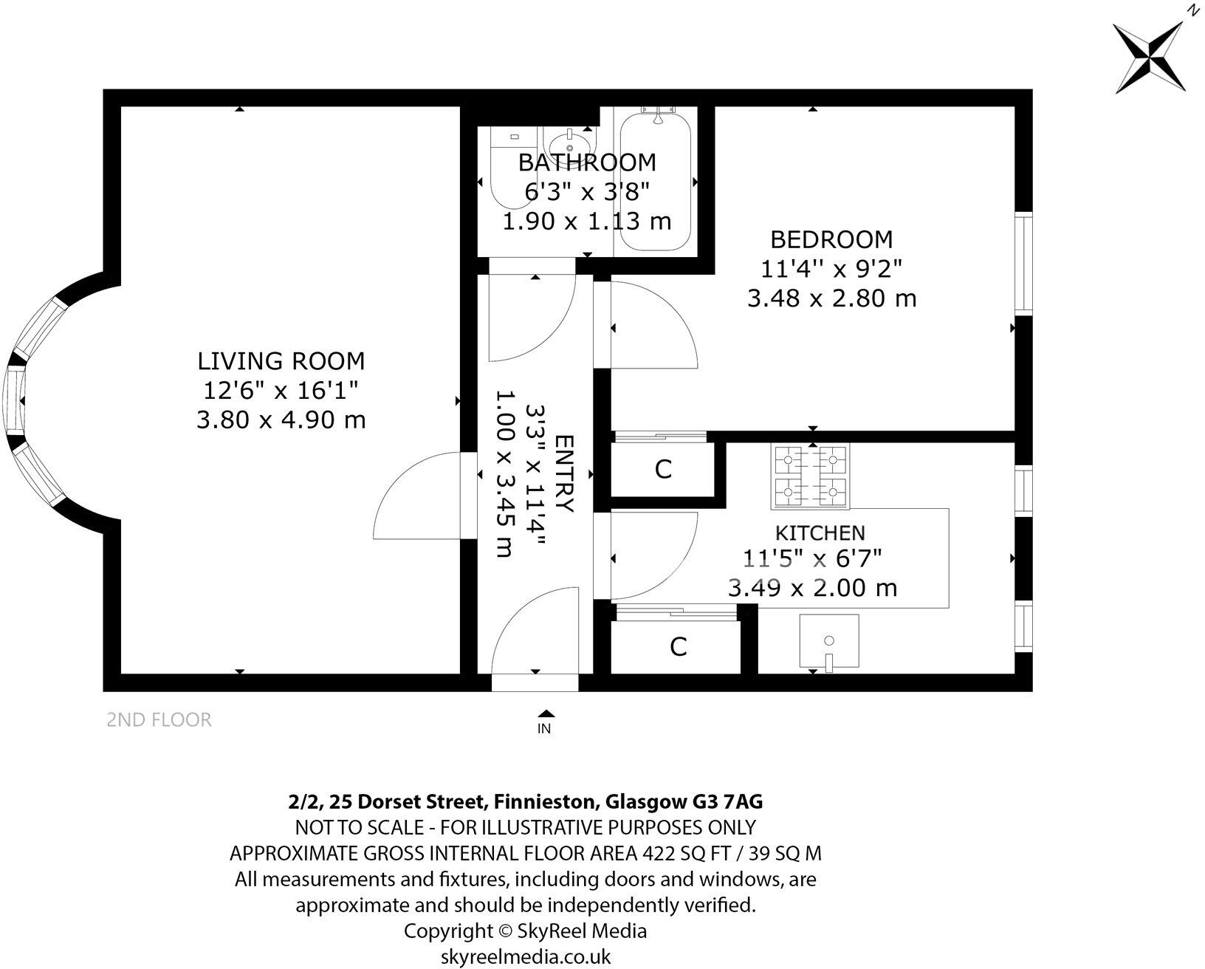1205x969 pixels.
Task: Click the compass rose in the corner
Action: pyautogui.click(x=1150, y=58)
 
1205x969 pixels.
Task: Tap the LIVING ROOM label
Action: pyautogui.click(x=281, y=361)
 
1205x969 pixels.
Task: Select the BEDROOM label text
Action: pyautogui.click(x=831, y=239)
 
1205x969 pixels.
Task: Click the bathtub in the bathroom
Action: pyautogui.click(x=655, y=178)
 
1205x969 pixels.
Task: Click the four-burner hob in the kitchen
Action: pyautogui.click(x=810, y=476)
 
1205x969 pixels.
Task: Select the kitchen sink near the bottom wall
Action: pyautogui.click(x=829, y=641)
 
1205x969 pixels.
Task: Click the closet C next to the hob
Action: pyautogui.click(x=663, y=469)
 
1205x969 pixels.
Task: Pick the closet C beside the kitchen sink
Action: pyautogui.click(x=678, y=647)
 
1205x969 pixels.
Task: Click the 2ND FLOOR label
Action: pyautogui.click(x=159, y=719)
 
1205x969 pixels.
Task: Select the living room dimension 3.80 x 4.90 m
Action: pyautogui.click(x=281, y=420)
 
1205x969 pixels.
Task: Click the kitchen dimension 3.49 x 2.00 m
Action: pyautogui.click(x=812, y=588)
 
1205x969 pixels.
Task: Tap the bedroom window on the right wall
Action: pyautogui.click(x=1023, y=263)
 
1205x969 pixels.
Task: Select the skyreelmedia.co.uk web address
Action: pyautogui.click(x=526, y=956)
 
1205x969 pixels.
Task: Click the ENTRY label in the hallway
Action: pyautogui.click(x=564, y=473)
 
